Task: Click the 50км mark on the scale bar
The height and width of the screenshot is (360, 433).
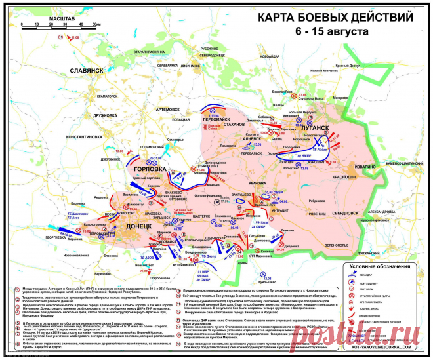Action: pos(96,24)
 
